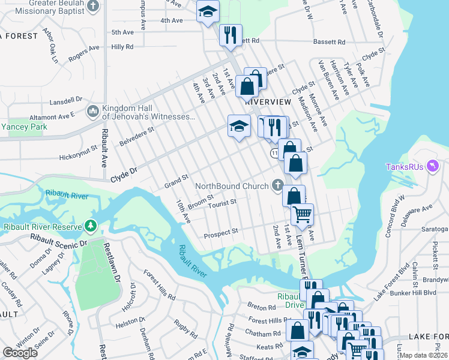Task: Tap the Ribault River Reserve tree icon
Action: pos(91,226)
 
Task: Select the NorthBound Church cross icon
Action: pos(277,186)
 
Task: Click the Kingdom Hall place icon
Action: pos(92,111)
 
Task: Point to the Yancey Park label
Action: pos(23,127)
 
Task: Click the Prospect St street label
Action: pos(222,230)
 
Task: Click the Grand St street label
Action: pos(176,181)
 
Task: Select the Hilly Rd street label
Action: pos(122,46)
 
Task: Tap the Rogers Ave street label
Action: pos(83,55)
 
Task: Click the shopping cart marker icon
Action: pos(302,213)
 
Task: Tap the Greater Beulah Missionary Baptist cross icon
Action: pos(93,7)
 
